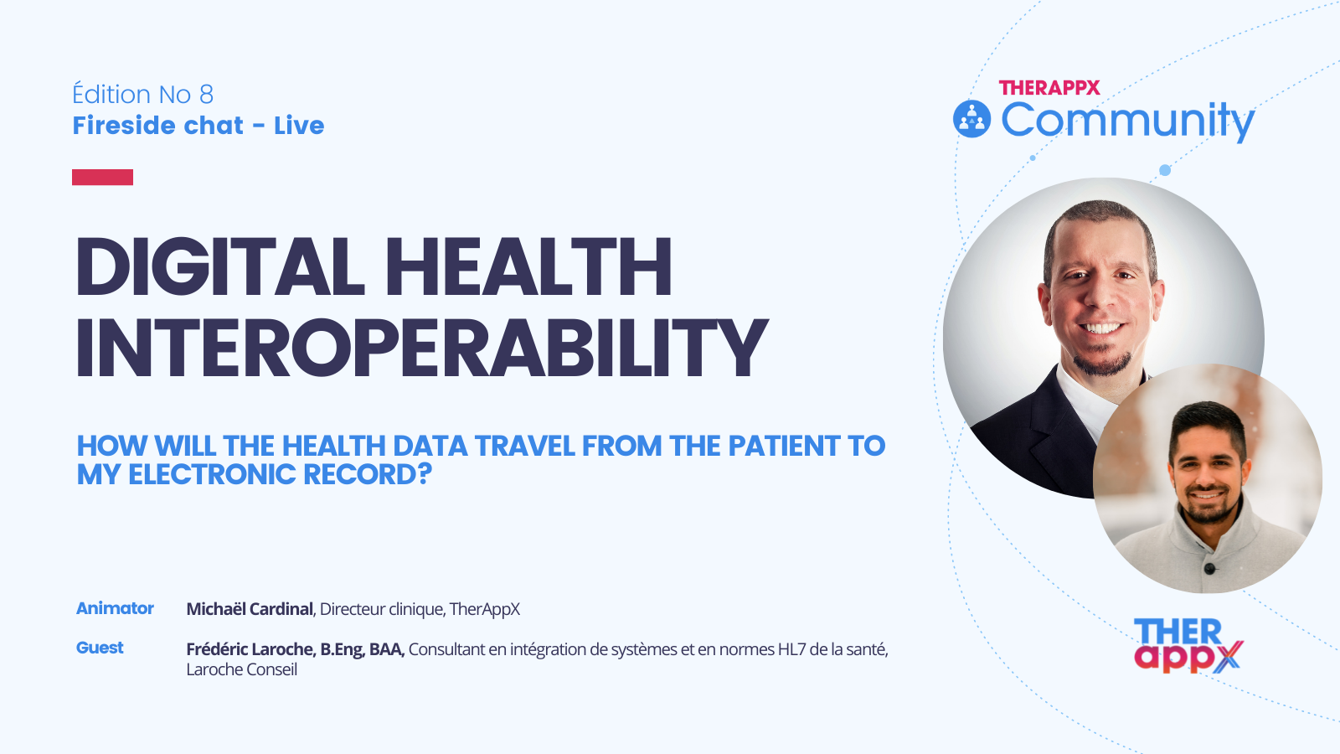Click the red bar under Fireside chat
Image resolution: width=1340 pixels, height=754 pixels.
tap(102, 177)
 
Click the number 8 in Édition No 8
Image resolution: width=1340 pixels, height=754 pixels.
tap(206, 95)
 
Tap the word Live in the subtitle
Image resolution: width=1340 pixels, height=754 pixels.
tap(299, 126)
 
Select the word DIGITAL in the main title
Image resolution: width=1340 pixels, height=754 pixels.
tap(220, 267)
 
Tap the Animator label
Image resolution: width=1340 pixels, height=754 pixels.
tap(115, 608)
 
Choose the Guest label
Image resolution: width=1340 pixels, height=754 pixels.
tap(100, 648)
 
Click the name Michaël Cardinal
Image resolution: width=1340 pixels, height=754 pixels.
tap(250, 609)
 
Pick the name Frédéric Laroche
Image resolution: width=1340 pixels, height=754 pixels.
tap(250, 649)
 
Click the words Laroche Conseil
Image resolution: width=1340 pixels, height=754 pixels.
tap(241, 669)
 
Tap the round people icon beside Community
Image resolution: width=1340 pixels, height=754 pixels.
tap(971, 119)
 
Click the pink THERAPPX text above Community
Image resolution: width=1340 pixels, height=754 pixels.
tap(1049, 88)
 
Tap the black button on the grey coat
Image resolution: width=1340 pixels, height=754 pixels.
tap(1209, 569)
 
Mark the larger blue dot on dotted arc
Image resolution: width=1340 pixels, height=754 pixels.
tap(1164, 170)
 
